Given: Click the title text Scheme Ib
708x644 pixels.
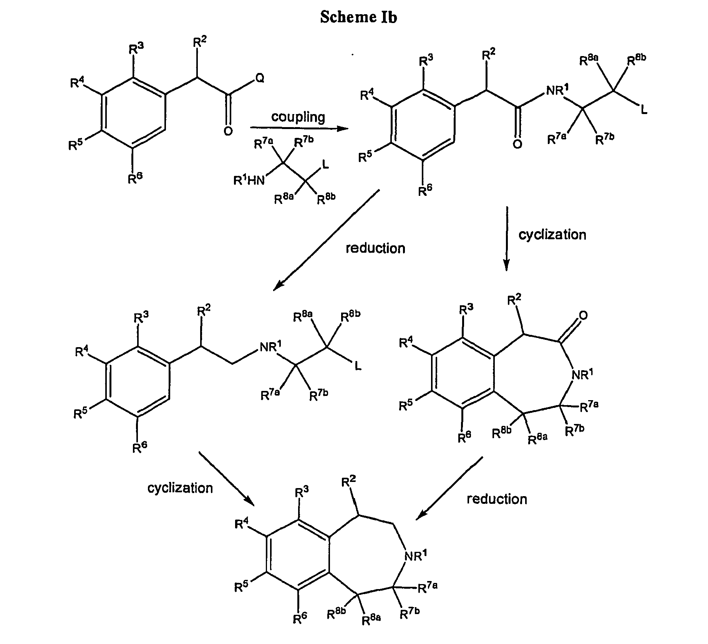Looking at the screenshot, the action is click(x=358, y=17).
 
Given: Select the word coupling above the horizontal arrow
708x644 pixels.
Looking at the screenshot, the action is click(x=298, y=117).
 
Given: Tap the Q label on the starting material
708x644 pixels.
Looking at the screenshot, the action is click(x=260, y=78).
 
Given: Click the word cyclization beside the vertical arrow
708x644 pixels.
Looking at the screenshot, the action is click(x=552, y=235).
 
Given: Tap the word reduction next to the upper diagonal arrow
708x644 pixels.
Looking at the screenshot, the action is click(x=375, y=248).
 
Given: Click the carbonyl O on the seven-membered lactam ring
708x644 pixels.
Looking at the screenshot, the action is click(x=583, y=316).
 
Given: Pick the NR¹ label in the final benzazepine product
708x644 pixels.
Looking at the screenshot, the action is click(x=416, y=556).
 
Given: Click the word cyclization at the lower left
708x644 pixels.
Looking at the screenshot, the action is click(x=180, y=488).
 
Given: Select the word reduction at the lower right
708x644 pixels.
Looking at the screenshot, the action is click(x=497, y=499).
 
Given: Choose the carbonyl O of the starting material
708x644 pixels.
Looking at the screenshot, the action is click(x=228, y=131).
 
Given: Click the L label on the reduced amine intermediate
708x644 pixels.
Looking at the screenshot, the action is click(x=358, y=367).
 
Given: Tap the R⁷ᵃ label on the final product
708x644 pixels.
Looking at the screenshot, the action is click(x=428, y=587).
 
